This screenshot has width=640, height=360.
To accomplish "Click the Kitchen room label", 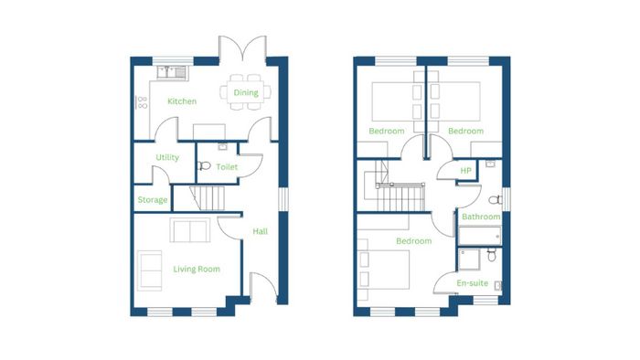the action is click(182, 101).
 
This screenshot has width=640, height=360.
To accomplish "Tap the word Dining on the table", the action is click(246, 92).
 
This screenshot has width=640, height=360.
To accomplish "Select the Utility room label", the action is click(167, 157).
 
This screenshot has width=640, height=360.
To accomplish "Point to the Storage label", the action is click(153, 200).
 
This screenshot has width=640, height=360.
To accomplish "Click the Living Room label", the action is click(197, 269).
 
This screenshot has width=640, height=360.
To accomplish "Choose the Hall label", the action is click(260, 231).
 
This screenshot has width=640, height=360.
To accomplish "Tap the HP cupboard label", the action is click(465, 171).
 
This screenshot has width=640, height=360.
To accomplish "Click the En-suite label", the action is click(473, 283).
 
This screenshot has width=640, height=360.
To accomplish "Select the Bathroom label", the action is click(481, 217).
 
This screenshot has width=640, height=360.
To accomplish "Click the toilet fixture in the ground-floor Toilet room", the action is click(204, 165).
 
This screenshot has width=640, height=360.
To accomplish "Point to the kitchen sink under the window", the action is click(172, 72).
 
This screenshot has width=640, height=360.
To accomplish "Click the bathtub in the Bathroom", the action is click(480, 236).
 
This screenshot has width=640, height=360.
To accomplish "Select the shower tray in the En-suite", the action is click(469, 259).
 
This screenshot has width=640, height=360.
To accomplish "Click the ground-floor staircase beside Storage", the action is click(208, 198).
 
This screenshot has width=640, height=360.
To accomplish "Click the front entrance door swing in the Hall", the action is click(263, 284).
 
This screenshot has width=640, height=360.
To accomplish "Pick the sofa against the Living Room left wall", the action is click(150, 270).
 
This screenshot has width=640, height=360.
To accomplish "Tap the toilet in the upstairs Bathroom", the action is click(496, 200).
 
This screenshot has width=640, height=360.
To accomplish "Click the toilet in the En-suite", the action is click(492, 255).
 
